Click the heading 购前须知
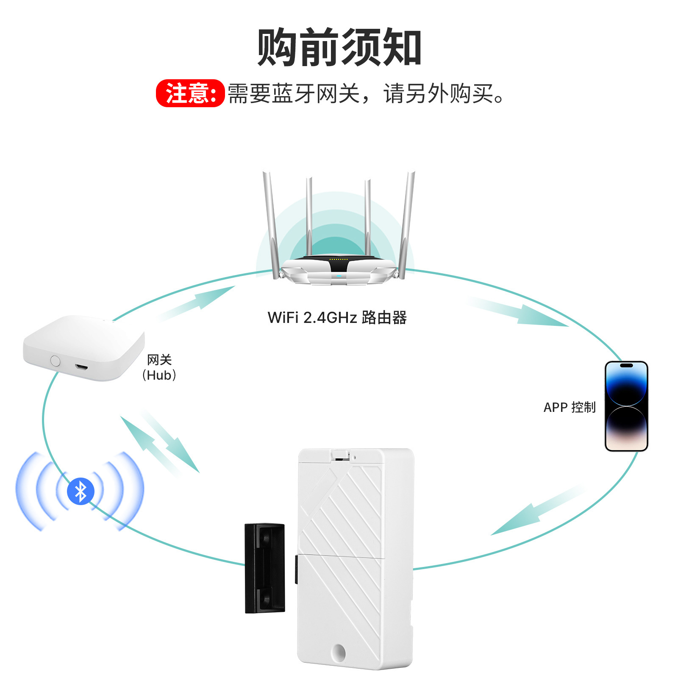(339, 47)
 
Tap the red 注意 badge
(190, 93)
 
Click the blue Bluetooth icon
(81, 491)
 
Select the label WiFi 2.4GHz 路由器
(337, 317)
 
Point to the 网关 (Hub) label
(159, 367)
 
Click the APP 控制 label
(570, 407)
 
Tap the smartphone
(626, 406)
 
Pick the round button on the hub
(55, 361)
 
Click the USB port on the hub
(81, 366)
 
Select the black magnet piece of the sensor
(265, 568)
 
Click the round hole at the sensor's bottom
(339, 652)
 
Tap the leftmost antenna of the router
(270, 225)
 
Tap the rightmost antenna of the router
(407, 225)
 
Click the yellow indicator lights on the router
(339, 259)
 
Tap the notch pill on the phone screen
(626, 365)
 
